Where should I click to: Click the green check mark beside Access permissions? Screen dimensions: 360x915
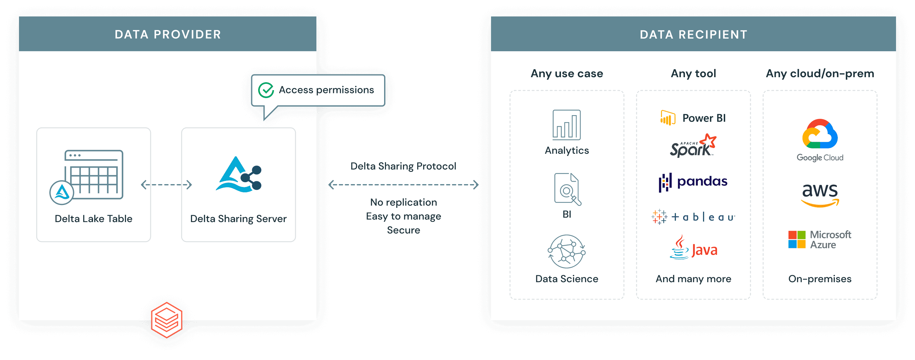pyautogui.click(x=266, y=90)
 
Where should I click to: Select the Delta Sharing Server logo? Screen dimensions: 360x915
pyautogui.click(x=239, y=175)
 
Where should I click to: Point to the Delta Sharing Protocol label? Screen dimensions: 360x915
pyautogui.click(x=403, y=166)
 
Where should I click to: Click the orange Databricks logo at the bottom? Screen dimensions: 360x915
pyautogui.click(x=167, y=320)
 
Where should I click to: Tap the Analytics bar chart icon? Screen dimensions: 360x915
pyautogui.click(x=567, y=125)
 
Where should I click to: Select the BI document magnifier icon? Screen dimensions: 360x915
pyautogui.click(x=567, y=189)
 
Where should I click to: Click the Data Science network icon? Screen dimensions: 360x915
pyautogui.click(x=567, y=251)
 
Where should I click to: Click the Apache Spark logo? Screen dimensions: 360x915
pyautogui.click(x=693, y=146)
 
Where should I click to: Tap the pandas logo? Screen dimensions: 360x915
pyautogui.click(x=693, y=182)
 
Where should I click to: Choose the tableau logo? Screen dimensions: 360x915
pyautogui.click(x=693, y=217)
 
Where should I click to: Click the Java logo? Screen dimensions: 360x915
pyautogui.click(x=693, y=248)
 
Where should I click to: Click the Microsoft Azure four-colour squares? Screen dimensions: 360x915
pyautogui.click(x=797, y=240)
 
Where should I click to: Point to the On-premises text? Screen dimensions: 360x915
pyautogui.click(x=820, y=279)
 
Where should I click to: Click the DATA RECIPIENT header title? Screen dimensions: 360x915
pyautogui.click(x=693, y=34)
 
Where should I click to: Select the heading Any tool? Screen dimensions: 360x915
pyautogui.click(x=693, y=73)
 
